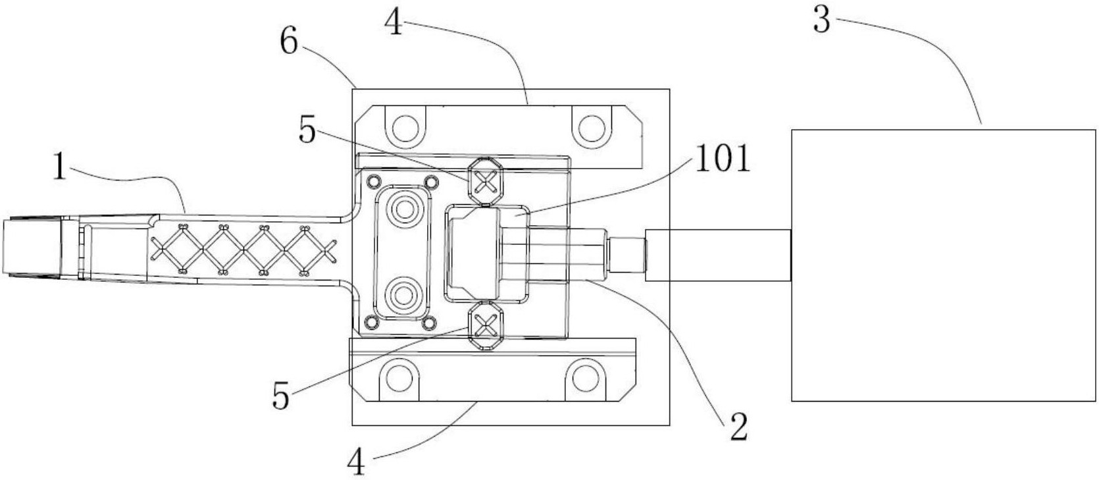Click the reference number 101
tap(723, 158)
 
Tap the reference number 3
tap(822, 20)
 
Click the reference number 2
tap(738, 427)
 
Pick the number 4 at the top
tap(394, 22)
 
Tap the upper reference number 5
tap(307, 131)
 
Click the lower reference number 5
tap(280, 396)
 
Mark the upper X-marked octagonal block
tap(486, 181)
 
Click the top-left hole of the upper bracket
tap(405, 128)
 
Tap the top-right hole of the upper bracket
tap(591, 128)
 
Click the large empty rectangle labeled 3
tap(943, 265)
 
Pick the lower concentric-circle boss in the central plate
tap(404, 295)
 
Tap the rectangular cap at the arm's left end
tap(32, 247)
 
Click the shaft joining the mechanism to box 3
tap(718, 255)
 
